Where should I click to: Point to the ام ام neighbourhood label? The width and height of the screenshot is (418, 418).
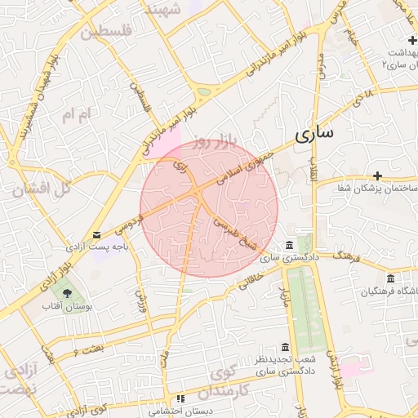(74, 116)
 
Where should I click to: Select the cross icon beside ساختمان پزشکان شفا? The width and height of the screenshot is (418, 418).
(377, 176)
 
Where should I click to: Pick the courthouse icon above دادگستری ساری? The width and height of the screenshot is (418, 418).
(289, 246)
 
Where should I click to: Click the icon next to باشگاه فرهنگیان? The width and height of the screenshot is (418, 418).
(390, 278)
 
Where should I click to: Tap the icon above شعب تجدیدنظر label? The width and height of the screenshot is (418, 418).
(284, 347)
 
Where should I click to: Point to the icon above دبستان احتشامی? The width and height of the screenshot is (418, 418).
(180, 398)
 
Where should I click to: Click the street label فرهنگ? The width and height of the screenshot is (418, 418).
(348, 258)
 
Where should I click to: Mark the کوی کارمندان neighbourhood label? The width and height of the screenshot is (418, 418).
(242, 380)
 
